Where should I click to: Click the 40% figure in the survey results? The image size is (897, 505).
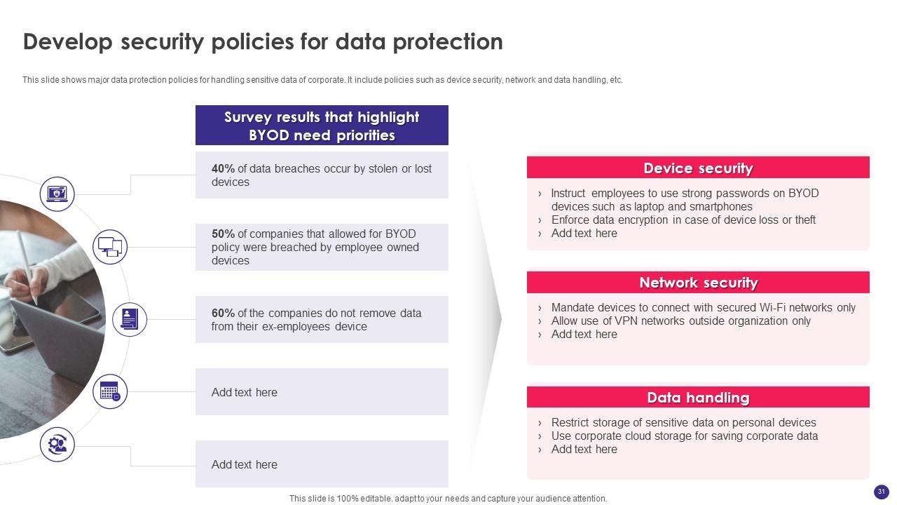tap(223, 169)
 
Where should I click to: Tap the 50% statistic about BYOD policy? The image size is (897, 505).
tap(223, 234)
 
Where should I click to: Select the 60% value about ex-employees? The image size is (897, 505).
tap(223, 314)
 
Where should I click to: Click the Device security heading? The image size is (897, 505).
tap(698, 168)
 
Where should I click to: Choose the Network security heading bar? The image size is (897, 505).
tap(698, 283)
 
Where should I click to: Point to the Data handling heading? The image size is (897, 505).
tap(698, 398)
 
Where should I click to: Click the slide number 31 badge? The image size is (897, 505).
tap(882, 492)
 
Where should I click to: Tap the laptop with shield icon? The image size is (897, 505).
tap(57, 194)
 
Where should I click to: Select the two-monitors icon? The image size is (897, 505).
tap(110, 247)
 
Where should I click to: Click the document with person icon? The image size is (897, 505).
tap(129, 319)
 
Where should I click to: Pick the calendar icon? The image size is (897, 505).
tap(110, 391)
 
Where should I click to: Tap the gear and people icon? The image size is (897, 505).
tap(57, 445)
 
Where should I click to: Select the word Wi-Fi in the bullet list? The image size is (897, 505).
tap(776, 308)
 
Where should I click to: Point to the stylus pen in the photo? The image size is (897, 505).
tap(27, 260)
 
